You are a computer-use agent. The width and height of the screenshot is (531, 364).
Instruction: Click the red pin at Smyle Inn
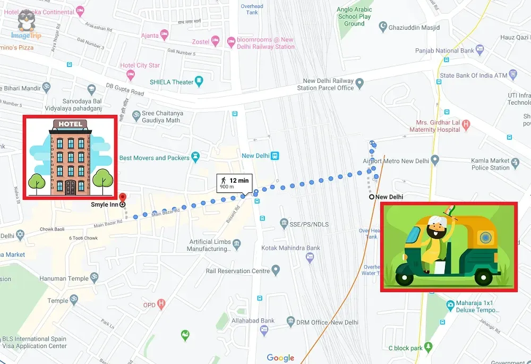[x=122, y=197]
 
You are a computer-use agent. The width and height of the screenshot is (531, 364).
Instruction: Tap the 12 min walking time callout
[x=234, y=183]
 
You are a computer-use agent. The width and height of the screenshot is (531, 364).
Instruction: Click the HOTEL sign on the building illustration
[x=70, y=124]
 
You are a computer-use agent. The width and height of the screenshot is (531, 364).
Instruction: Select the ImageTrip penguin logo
[x=26, y=23]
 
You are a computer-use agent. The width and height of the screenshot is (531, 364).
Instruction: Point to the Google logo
[x=280, y=358]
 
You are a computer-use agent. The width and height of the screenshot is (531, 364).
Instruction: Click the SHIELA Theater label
[x=172, y=82]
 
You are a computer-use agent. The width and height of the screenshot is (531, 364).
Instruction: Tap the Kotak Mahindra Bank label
[x=290, y=248]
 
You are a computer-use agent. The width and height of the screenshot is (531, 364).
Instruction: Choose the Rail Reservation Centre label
[x=238, y=271]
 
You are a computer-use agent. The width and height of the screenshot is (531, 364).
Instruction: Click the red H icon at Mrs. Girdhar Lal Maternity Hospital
[x=466, y=125]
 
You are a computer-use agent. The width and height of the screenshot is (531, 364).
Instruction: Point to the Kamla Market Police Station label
[x=490, y=164]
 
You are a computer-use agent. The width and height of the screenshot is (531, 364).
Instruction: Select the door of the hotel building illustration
[x=70, y=187]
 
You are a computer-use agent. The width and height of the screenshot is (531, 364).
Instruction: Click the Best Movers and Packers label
[x=155, y=158]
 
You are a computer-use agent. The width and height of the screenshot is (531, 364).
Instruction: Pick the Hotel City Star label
[x=140, y=65]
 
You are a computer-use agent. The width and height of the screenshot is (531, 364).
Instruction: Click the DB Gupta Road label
[x=125, y=89]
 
